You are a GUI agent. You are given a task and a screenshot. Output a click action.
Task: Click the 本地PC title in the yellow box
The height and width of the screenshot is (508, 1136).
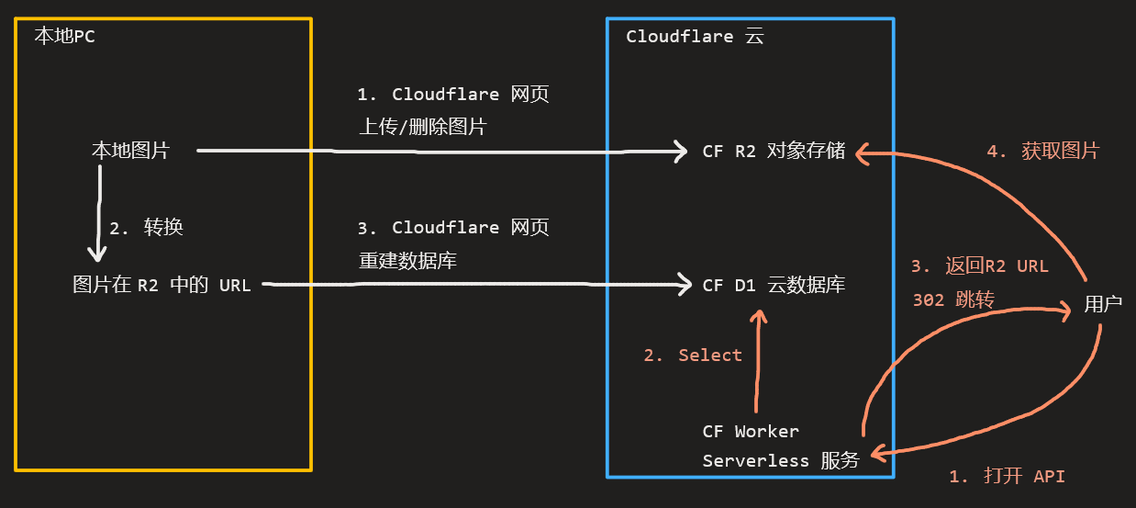click(x=64, y=37)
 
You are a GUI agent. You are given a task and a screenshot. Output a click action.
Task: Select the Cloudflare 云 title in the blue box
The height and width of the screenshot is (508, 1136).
click(x=695, y=37)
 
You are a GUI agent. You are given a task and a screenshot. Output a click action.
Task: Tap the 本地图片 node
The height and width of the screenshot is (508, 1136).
click(x=130, y=151)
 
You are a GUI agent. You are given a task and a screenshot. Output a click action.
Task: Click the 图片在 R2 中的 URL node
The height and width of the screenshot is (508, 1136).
click(x=161, y=285)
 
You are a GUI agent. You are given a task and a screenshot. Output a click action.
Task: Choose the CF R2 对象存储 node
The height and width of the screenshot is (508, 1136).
click(x=774, y=152)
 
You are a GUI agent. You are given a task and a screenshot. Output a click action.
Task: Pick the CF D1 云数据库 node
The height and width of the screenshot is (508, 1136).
click(x=774, y=286)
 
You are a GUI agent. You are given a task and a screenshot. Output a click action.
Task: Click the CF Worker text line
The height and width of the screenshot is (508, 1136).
click(x=751, y=431)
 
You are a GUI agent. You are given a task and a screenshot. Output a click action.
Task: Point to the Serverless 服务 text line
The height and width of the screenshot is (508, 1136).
click(x=780, y=461)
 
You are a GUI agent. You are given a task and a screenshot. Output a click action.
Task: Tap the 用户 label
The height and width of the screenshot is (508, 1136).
click(x=1102, y=305)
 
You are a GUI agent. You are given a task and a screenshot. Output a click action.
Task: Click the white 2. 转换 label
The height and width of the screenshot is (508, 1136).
click(x=147, y=228)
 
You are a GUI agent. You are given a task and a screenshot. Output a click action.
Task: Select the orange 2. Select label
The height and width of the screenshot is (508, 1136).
click(x=693, y=356)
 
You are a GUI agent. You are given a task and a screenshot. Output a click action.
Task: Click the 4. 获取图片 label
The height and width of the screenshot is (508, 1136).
click(x=1042, y=152)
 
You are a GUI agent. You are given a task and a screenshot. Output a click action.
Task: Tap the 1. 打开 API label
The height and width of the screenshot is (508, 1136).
click(x=1007, y=477)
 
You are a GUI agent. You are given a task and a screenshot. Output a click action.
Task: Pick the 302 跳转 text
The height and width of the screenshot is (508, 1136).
click(x=954, y=299)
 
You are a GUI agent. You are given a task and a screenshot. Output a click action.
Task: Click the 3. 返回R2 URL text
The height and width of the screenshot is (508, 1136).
click(x=979, y=266)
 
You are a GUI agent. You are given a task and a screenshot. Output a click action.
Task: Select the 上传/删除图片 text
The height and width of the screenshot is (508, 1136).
click(x=422, y=128)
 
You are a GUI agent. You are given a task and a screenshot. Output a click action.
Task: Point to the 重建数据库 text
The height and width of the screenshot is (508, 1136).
click(x=407, y=261)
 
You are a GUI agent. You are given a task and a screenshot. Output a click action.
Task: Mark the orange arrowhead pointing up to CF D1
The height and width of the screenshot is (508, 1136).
click(x=758, y=317)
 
